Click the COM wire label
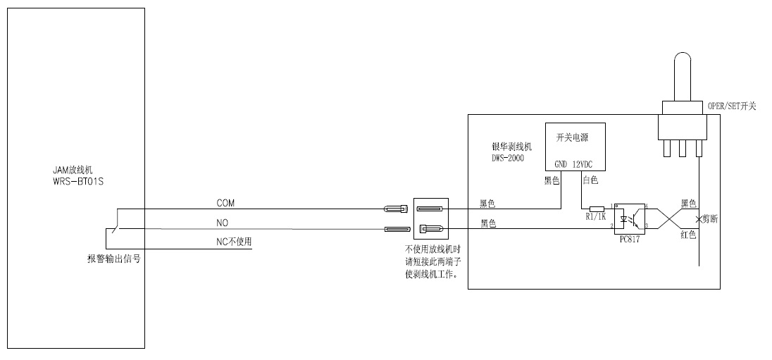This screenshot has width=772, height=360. [x=225, y=203]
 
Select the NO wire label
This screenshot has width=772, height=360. [x=222, y=222]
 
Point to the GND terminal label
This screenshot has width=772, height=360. [x=561, y=164]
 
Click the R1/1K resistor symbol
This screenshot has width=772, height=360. [x=596, y=209]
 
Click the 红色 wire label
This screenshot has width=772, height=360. [x=688, y=235]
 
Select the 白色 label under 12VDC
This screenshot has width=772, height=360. [x=590, y=181]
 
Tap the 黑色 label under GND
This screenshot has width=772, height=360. [x=552, y=181]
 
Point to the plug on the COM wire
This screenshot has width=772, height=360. [x=395, y=209]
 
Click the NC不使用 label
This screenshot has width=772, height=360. [x=234, y=242]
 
